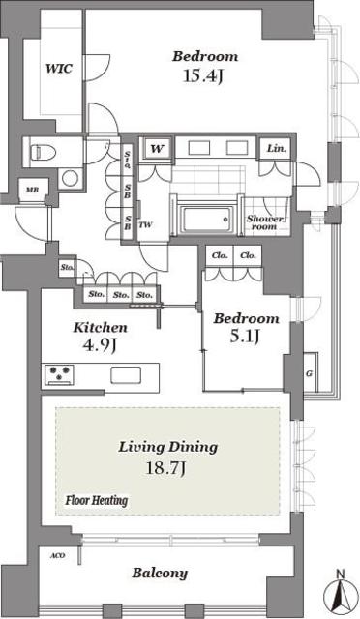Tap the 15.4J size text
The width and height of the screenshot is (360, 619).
(204, 74)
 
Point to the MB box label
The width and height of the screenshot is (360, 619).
(32, 192)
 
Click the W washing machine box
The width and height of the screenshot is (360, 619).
(155, 149)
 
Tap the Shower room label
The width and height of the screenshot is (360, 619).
(264, 222)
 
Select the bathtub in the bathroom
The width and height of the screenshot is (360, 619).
(204, 214)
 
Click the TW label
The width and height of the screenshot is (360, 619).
(144, 225)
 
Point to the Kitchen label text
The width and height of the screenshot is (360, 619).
(100, 328)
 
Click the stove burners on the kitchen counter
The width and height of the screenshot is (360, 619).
(59, 374)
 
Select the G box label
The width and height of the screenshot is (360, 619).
(308, 373)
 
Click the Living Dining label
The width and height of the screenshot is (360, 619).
(167, 447)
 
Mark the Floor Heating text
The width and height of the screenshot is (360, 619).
(97, 501)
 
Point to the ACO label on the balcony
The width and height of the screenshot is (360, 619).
(57, 556)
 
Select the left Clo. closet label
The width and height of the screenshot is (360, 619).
(218, 256)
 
